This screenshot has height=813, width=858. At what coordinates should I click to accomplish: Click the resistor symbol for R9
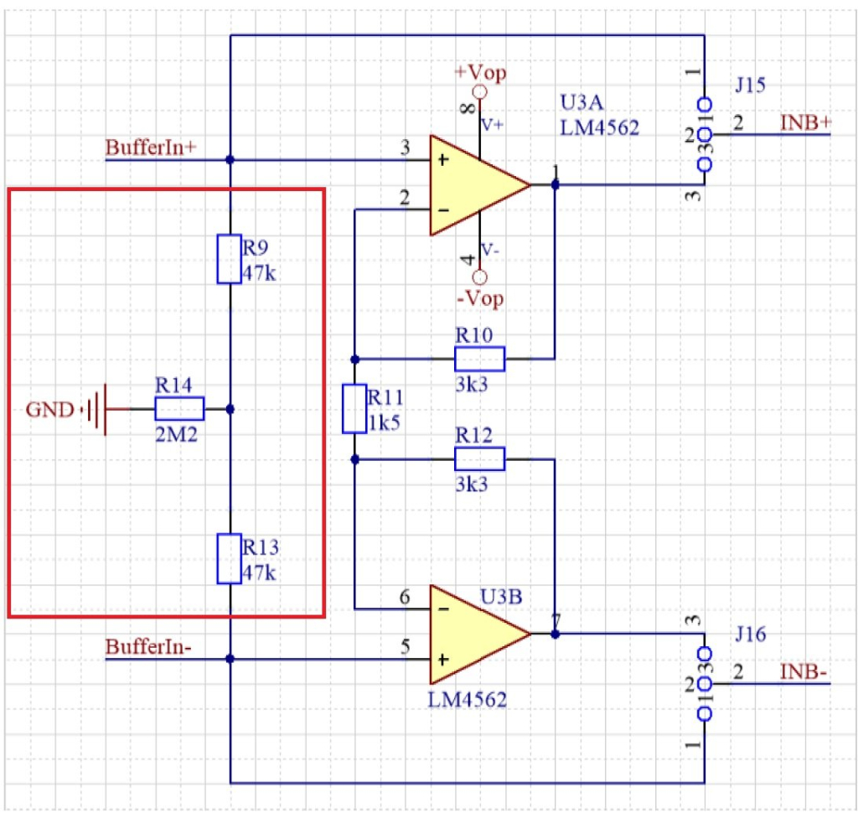point(230,259)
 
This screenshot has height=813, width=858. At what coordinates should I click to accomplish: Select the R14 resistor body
point(179,409)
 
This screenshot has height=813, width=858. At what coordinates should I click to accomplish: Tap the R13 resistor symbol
point(230,558)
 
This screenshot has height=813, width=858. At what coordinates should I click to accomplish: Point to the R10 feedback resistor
point(479,360)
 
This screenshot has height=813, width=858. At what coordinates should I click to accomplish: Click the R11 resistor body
point(354,409)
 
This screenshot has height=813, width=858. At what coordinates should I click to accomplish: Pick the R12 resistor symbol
point(479,459)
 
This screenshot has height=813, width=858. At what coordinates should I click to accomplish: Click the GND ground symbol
point(100,410)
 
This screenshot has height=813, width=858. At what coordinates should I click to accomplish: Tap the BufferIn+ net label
point(151,148)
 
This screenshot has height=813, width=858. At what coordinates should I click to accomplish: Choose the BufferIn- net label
point(148,647)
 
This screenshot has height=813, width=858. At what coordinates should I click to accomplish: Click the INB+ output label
point(806,122)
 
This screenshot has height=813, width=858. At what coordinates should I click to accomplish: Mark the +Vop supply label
point(480,72)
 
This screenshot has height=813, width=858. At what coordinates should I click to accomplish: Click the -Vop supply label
point(481,298)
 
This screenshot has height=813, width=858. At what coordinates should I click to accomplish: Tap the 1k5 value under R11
point(384,422)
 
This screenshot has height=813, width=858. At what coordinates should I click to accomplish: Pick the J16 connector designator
point(751,635)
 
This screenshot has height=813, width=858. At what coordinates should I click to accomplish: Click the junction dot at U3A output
point(555,185)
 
